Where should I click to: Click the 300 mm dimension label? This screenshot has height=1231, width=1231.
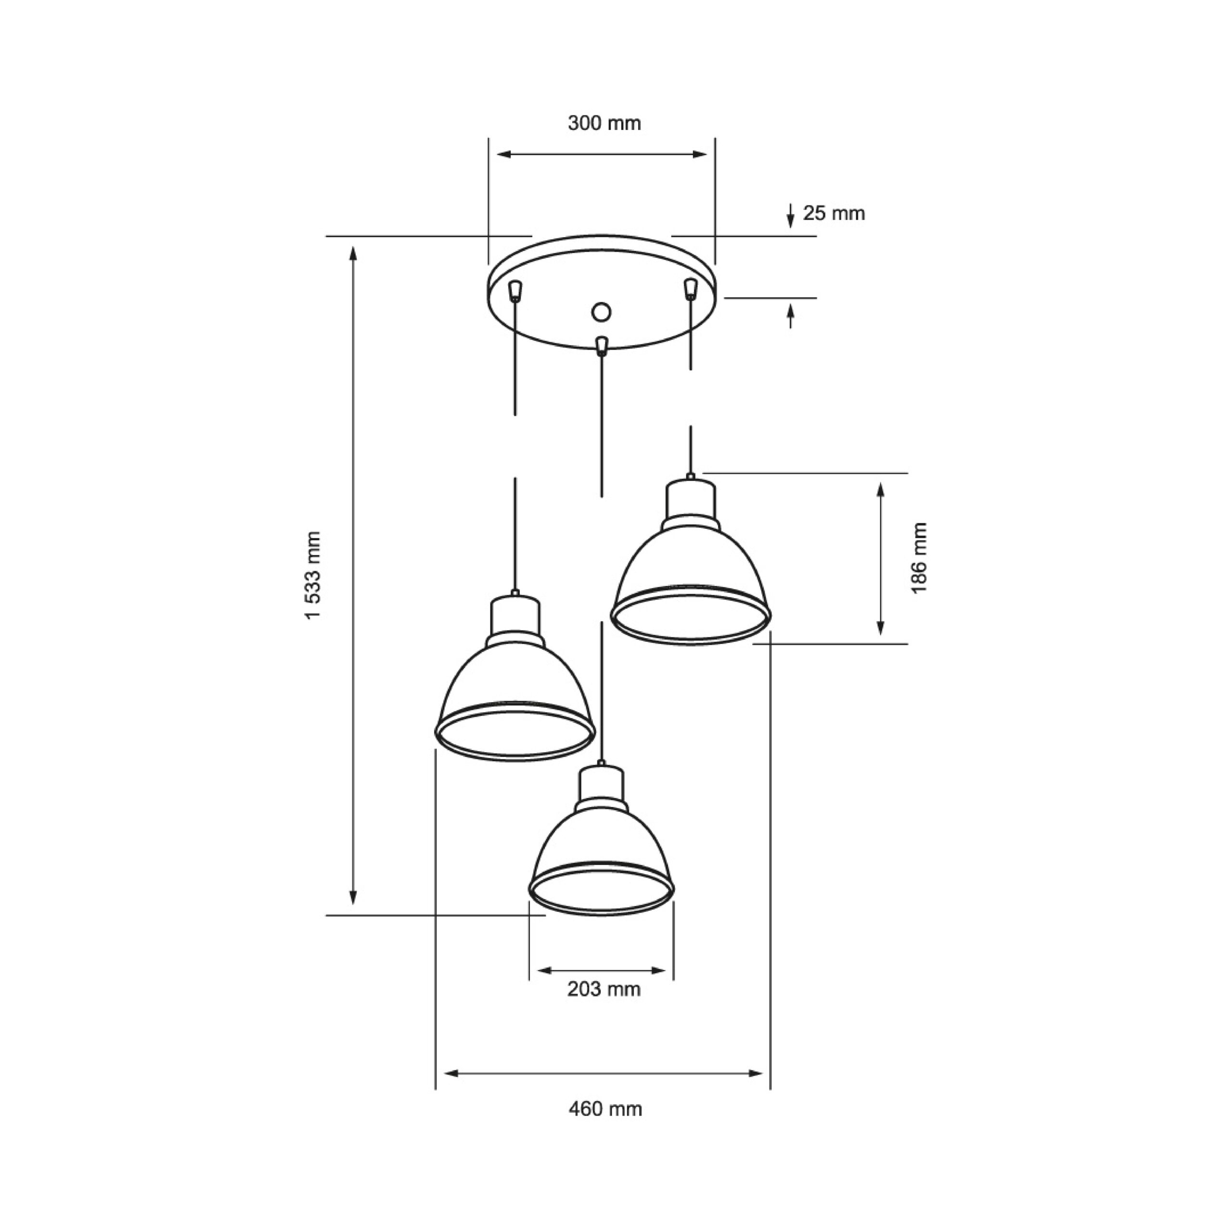[604, 123]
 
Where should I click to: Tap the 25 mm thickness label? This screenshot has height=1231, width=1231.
[833, 213]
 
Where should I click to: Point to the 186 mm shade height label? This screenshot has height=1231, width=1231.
[919, 558]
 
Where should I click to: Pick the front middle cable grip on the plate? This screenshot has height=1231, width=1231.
[600, 345]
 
